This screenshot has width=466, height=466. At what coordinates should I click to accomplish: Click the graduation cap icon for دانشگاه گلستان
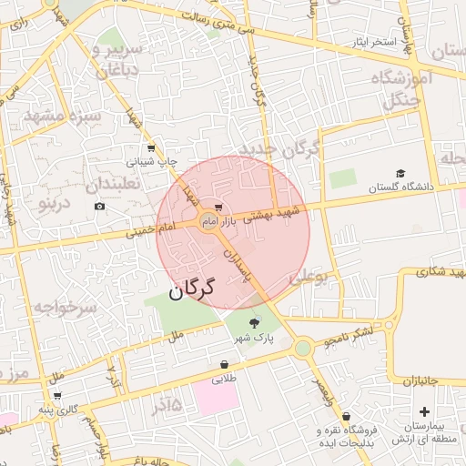400,173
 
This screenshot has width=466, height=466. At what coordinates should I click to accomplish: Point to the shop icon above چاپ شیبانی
150,148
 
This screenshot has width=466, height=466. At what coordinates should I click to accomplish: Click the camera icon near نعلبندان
99,207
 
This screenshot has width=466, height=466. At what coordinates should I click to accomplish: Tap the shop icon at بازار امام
217,208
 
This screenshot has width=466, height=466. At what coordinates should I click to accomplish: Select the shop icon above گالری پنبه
57,396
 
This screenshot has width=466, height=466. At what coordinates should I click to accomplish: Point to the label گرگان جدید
281,147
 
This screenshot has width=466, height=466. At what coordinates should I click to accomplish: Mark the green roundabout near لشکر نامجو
303,347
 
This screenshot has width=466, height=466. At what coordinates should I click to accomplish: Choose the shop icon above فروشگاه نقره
347,416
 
